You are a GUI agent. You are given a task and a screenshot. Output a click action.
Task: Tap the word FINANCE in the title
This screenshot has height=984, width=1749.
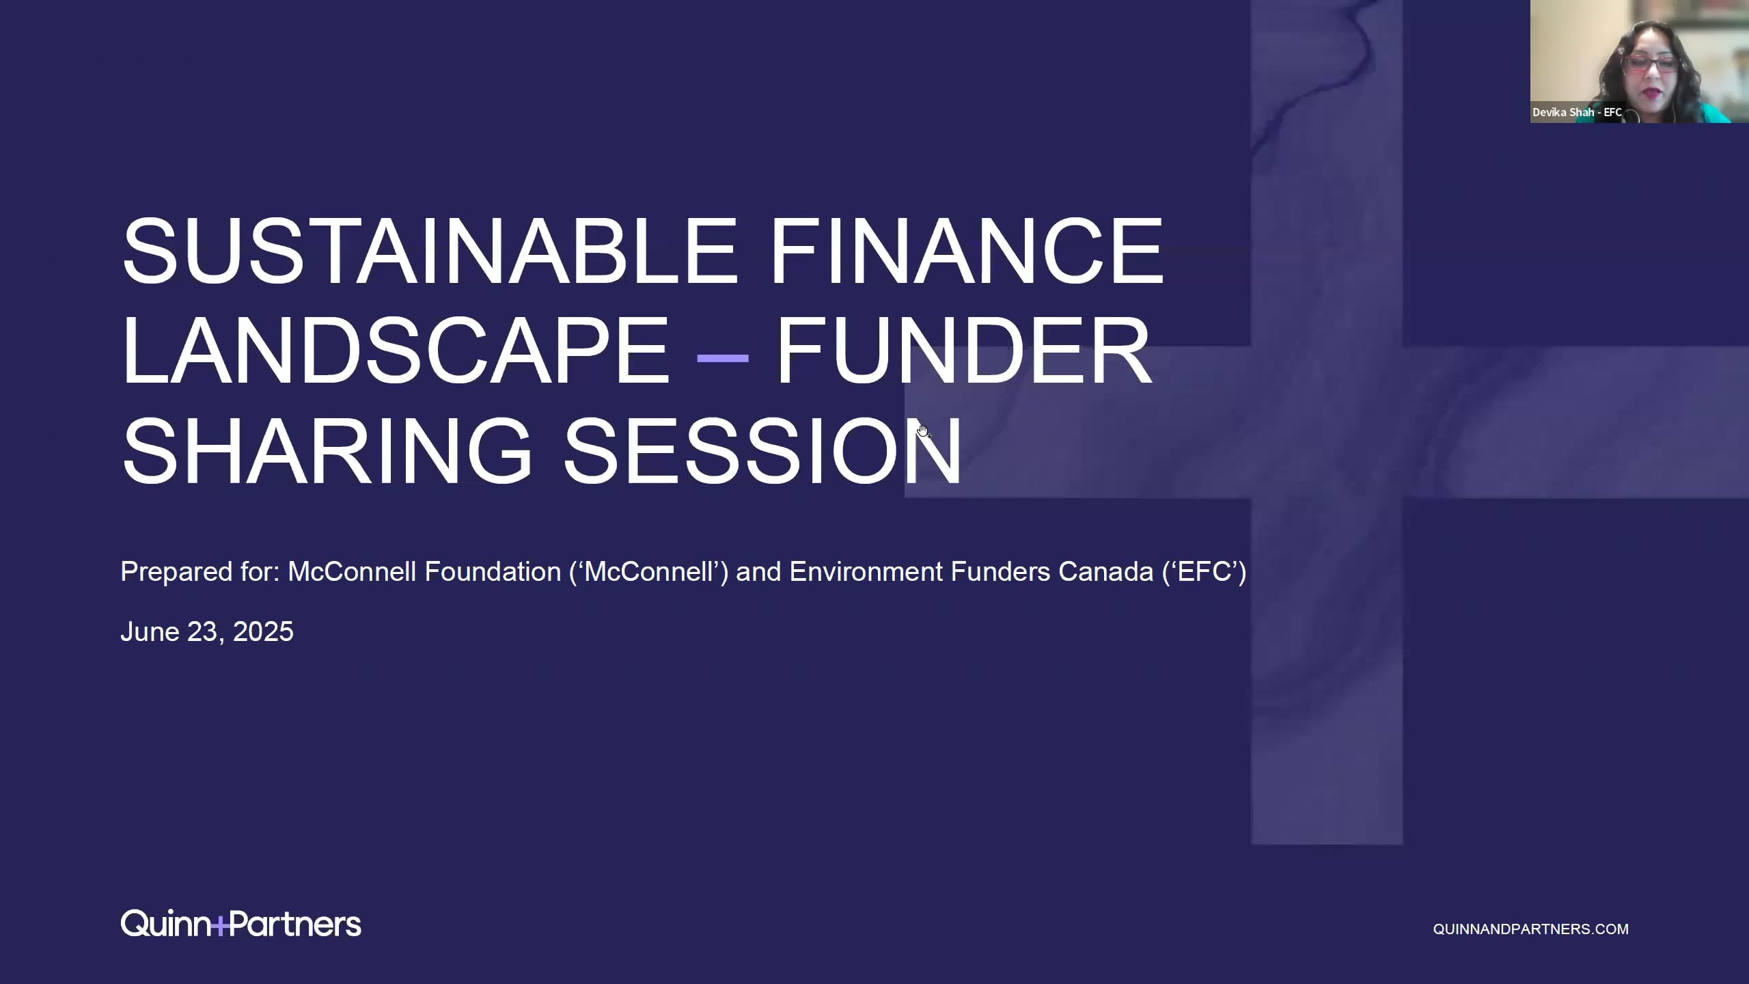click(x=967, y=250)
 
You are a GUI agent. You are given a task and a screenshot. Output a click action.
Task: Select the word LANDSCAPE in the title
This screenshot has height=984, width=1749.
click(x=396, y=351)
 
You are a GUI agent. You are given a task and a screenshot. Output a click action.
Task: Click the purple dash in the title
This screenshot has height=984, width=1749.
click(x=721, y=357)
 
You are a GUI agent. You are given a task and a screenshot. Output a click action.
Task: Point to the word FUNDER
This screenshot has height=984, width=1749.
click(x=963, y=351)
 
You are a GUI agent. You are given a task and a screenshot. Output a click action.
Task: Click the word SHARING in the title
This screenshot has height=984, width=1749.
click(x=327, y=451)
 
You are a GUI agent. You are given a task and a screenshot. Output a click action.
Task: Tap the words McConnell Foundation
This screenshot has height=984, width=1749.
click(x=424, y=571)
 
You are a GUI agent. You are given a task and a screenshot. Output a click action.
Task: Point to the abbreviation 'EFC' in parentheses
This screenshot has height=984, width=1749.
click(x=1204, y=572)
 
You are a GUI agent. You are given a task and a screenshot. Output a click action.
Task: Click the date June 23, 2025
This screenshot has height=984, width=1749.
click(x=207, y=632)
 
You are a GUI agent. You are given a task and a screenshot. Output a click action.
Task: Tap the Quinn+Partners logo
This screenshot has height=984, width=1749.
click(x=240, y=923)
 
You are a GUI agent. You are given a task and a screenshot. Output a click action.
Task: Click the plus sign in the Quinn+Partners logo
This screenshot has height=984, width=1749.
click(x=219, y=927)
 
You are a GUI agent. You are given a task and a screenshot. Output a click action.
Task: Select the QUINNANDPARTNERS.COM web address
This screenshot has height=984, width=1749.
click(x=1530, y=929)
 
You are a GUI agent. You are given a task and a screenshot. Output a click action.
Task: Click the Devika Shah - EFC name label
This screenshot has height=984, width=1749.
click(x=1577, y=112)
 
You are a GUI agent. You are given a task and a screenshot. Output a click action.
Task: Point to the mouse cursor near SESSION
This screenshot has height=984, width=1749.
click(x=923, y=430)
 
